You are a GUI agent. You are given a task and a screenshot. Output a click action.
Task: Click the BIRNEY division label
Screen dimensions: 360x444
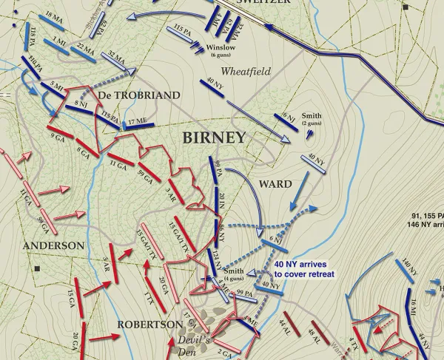(214, 137)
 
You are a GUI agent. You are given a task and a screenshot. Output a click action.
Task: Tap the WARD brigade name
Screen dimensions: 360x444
(275, 183)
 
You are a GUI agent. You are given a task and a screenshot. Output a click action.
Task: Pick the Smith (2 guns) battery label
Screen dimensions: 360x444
(312, 119)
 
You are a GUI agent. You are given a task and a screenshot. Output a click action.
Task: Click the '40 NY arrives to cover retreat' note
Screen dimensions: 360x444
(303, 269)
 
